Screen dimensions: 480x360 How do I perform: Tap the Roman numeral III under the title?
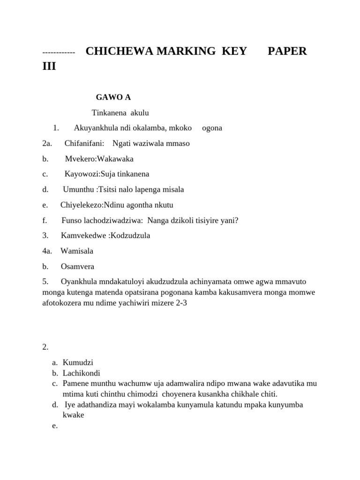click(49, 66)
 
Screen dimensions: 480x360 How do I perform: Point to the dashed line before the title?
click(58, 52)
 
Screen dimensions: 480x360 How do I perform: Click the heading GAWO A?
click(113, 97)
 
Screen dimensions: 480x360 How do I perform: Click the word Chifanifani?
click(84, 143)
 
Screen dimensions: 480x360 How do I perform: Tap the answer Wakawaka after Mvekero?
click(115, 158)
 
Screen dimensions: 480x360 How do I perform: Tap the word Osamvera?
click(77, 266)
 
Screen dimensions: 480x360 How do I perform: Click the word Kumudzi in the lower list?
click(78, 362)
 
